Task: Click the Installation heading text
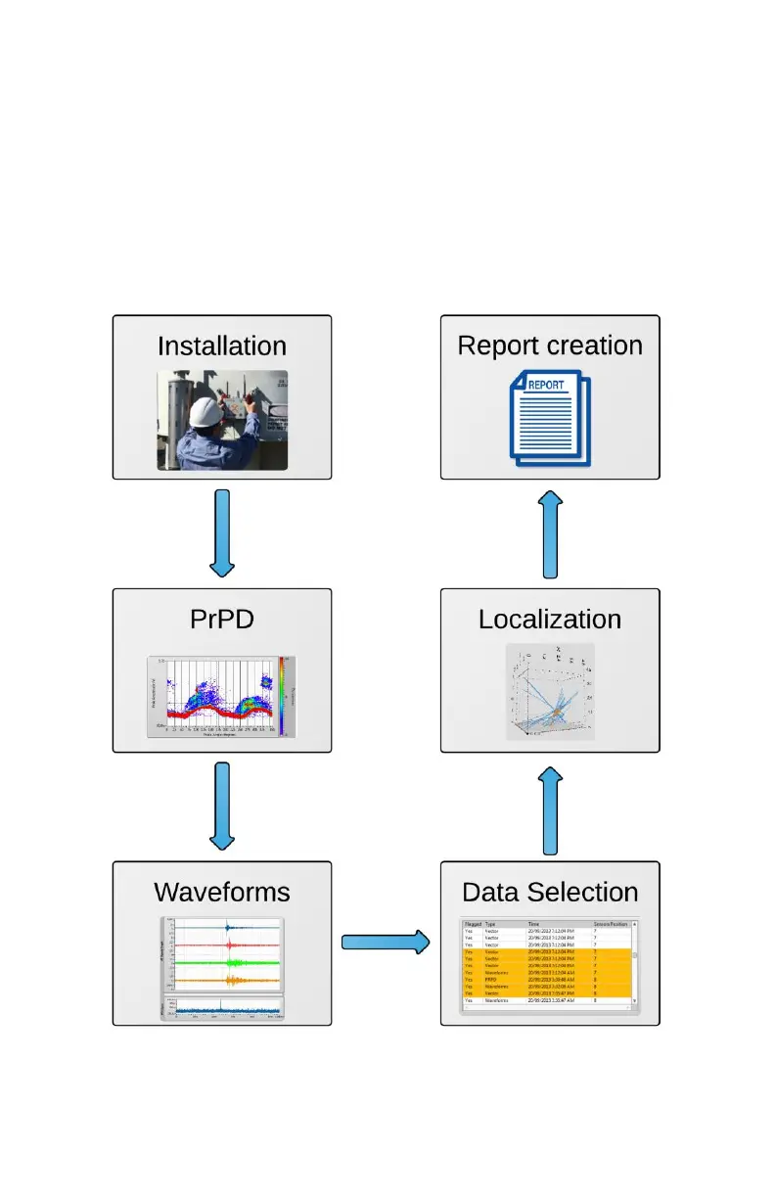click(x=222, y=346)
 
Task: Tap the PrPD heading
click(x=222, y=620)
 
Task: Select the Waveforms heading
click(x=222, y=893)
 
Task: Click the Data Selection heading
click(x=550, y=893)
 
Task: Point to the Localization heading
click(x=550, y=620)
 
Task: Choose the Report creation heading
click(x=550, y=346)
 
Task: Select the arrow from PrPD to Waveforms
click(x=222, y=806)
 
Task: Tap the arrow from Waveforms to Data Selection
click(x=386, y=943)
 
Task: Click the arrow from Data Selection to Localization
click(x=550, y=810)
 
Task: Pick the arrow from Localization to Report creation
click(x=550, y=535)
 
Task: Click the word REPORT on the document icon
click(x=546, y=385)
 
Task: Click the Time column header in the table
click(x=534, y=923)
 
